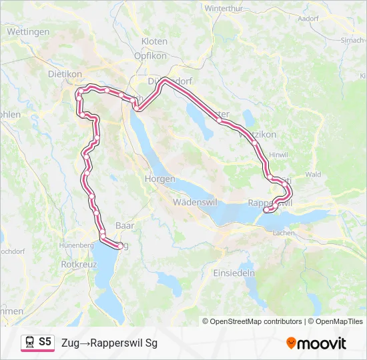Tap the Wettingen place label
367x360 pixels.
[x=27, y=32]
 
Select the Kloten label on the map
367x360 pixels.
[x=154, y=41]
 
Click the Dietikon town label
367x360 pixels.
[x=65, y=75]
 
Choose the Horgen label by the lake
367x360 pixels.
[x=160, y=179]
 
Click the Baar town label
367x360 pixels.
[x=125, y=225]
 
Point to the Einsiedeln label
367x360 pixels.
[x=234, y=273]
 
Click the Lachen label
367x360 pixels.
[x=284, y=233]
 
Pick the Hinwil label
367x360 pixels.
[x=278, y=155]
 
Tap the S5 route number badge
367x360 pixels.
[x=45, y=342]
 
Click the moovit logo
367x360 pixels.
[x=316, y=343]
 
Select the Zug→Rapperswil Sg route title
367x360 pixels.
[x=109, y=343]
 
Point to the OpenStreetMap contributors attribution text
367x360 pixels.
[x=256, y=321]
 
